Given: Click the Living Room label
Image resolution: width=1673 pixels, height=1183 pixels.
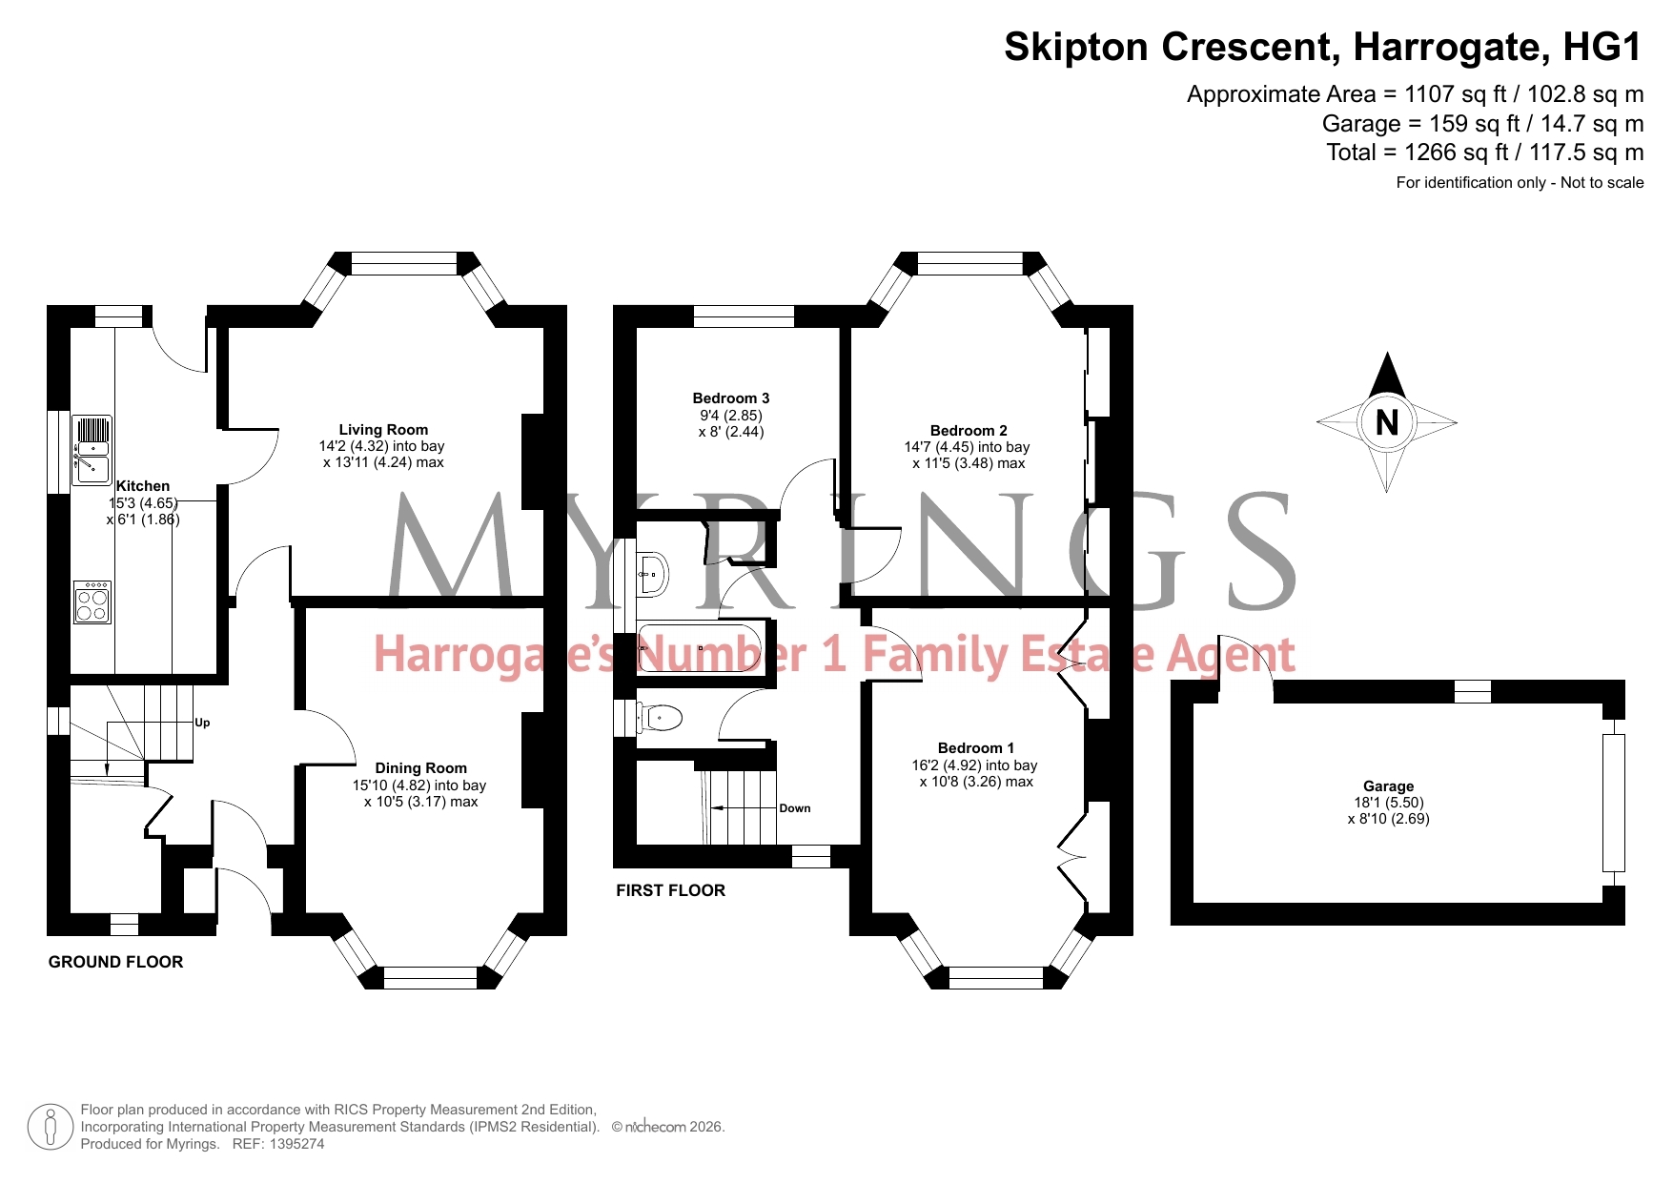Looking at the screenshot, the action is [x=383, y=430].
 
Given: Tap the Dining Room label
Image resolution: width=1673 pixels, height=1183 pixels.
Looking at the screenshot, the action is [x=420, y=768].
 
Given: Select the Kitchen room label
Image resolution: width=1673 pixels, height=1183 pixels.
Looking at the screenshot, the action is [x=143, y=486].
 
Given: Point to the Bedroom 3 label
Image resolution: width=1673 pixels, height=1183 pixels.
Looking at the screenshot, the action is [x=731, y=398].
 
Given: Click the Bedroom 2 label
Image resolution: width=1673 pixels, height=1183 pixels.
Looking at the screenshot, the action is [x=969, y=431].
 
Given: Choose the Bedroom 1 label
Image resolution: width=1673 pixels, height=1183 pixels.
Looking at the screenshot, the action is [x=976, y=748].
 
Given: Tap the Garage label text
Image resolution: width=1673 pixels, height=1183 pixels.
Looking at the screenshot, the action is [x=1388, y=786].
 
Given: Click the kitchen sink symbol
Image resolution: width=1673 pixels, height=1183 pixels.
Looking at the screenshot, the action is [x=92, y=449].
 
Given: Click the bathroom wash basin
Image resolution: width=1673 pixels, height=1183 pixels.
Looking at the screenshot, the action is [x=654, y=574].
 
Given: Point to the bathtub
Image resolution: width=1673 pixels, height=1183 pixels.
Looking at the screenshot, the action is [x=700, y=648].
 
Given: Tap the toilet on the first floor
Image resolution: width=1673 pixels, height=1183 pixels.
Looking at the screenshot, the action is [x=661, y=717].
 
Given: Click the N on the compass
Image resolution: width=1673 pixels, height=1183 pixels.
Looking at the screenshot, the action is [x=1387, y=421].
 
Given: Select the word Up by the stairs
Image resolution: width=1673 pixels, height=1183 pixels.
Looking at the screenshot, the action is [x=202, y=723].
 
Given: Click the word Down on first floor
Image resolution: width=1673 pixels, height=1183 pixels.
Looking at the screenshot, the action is [x=795, y=808].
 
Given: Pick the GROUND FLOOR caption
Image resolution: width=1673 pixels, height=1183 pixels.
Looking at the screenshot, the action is [x=115, y=962].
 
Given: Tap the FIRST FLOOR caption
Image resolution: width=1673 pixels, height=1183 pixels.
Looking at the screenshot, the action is [x=670, y=890].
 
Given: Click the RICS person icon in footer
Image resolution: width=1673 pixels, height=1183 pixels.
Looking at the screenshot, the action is [x=51, y=1127].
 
